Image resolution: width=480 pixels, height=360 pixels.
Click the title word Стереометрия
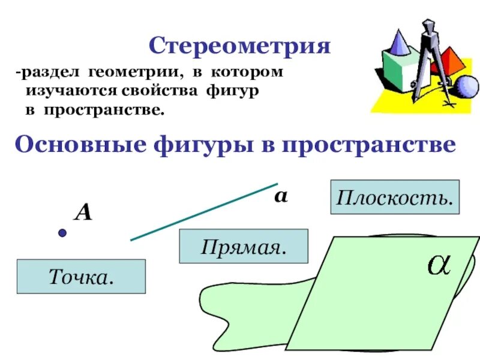pyautogui.click(x=239, y=46)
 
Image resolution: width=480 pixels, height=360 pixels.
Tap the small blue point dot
pyautogui.click(x=61, y=233)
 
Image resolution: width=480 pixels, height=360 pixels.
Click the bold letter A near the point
pyautogui.click(x=83, y=212)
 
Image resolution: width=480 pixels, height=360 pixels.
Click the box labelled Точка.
pyautogui.click(x=81, y=277)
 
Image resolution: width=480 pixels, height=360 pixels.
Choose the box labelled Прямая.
pyautogui.click(x=243, y=246)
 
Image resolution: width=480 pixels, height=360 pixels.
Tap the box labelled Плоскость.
pyautogui.click(x=394, y=197)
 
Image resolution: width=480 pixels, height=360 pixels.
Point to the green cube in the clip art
pyautogui.click(x=396, y=75)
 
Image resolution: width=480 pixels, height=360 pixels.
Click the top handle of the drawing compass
pyautogui.click(x=428, y=27)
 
